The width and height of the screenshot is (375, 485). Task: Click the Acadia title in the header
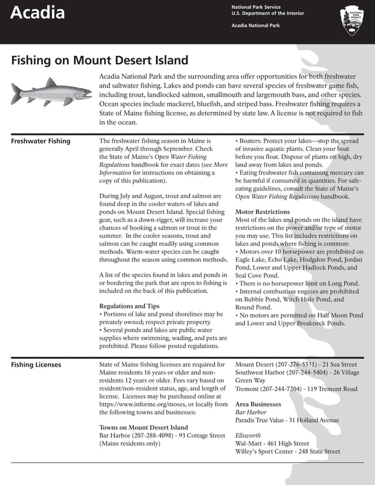tap(38, 13)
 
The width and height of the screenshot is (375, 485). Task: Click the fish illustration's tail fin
tap(17, 92)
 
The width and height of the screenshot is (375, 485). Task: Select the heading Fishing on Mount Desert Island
tap(100, 60)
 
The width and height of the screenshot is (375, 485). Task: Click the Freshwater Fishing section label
tap(41, 141)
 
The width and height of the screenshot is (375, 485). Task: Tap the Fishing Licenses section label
tap(36, 365)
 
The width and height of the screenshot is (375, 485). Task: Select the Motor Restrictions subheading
tap(262, 211)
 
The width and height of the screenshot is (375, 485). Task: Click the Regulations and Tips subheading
tap(129, 306)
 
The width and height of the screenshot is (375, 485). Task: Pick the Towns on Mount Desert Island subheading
tap(143, 427)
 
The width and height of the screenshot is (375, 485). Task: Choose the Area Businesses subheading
tap(258, 405)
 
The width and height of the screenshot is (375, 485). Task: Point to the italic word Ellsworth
tap(247, 436)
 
